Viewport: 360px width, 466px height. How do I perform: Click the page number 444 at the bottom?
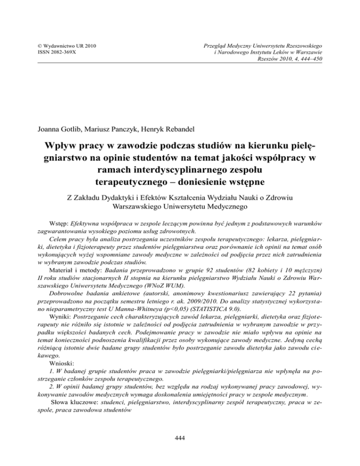pos(180,438)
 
